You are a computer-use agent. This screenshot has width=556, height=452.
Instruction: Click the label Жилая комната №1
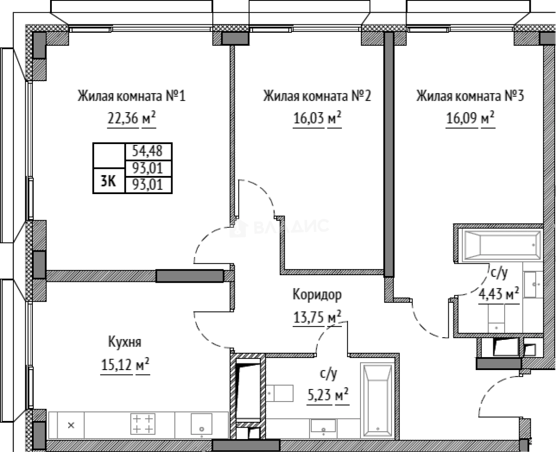[x=131, y=96]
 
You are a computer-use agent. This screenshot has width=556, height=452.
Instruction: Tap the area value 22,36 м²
[x=131, y=119]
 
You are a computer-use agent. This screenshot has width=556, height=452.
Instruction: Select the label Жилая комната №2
[x=317, y=96]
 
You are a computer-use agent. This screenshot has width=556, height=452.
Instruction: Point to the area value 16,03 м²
[x=317, y=119]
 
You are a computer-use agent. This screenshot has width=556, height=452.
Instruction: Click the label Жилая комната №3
[x=470, y=96]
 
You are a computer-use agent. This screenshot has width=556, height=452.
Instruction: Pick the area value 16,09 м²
[x=470, y=119]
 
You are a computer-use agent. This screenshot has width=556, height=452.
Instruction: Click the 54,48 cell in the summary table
[x=148, y=151]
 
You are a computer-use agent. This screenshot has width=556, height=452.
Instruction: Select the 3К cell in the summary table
[x=109, y=181]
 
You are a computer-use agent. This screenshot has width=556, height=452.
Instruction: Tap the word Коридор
[x=317, y=294]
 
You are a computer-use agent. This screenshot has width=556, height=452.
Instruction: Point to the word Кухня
[x=125, y=342]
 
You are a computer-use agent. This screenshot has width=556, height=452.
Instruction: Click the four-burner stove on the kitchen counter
[x=143, y=424]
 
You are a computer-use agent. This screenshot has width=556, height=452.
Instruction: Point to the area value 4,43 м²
[x=499, y=293]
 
